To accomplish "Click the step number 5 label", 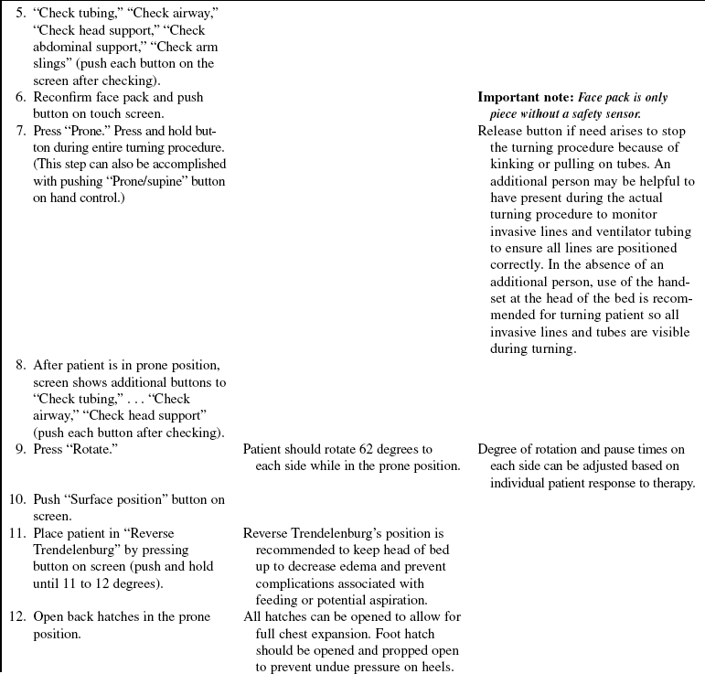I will click(x=19, y=15).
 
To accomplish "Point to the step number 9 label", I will click(x=19, y=449).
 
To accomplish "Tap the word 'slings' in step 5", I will click(x=51, y=64).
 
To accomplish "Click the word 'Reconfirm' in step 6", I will click(x=65, y=98).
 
